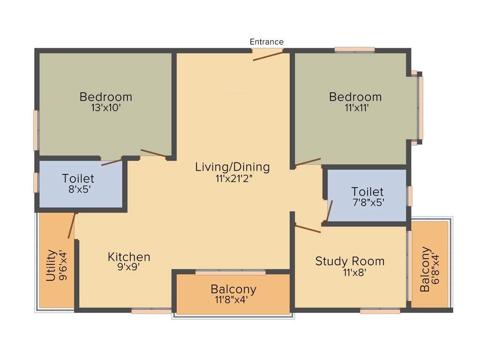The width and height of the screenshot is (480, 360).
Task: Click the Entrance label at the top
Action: coord(266,42)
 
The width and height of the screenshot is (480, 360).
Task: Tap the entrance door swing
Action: coord(268,56)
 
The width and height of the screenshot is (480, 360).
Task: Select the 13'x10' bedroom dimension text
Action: coord(105,107)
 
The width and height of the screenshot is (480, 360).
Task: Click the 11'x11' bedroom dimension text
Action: coord(355,107)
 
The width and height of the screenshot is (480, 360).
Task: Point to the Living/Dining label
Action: coord(232,167)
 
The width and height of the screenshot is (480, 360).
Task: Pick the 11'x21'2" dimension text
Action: coord(232,178)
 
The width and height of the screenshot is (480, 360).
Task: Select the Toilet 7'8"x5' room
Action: coord(367,196)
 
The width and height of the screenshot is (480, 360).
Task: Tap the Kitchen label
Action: coord(129,257)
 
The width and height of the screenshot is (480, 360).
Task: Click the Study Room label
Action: coord(350,261)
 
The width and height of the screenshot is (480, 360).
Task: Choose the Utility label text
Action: coord(51,265)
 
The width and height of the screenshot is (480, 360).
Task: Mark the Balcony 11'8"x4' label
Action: coord(233,289)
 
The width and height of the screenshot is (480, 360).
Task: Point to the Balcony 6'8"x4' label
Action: coord(425,269)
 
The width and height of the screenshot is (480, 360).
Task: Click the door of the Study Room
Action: coord(307,228)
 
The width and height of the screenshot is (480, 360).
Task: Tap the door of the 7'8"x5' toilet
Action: coord(330,210)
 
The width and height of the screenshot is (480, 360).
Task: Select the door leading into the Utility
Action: coord(72,225)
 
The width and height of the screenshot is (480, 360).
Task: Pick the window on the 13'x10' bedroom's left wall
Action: coord(36,130)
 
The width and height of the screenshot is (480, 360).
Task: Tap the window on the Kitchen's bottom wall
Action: coord(151,310)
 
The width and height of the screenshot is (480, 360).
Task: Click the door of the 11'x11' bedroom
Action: coord(307,162)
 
